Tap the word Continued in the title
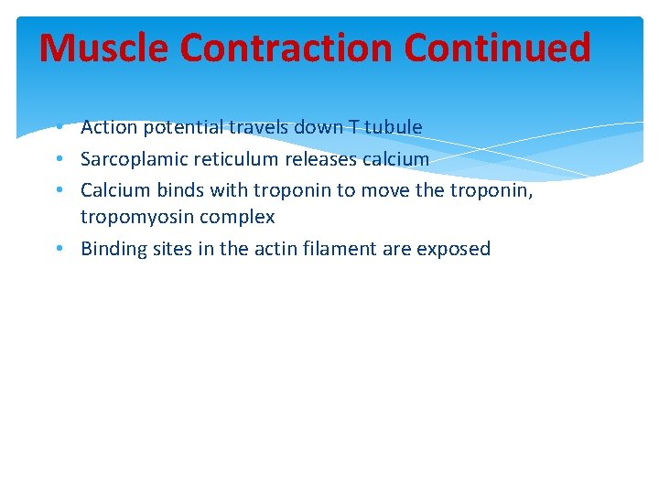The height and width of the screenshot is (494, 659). [x=498, y=48]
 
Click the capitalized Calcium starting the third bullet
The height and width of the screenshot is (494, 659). [x=115, y=190]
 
